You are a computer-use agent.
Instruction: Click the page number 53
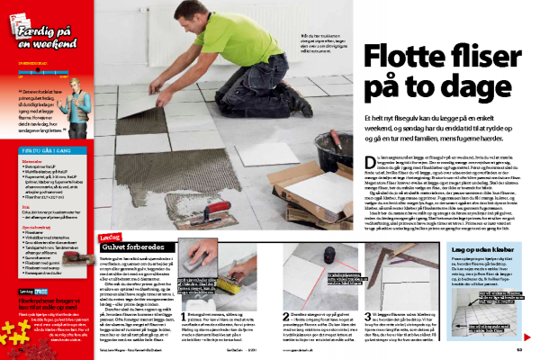tap(532, 350)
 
